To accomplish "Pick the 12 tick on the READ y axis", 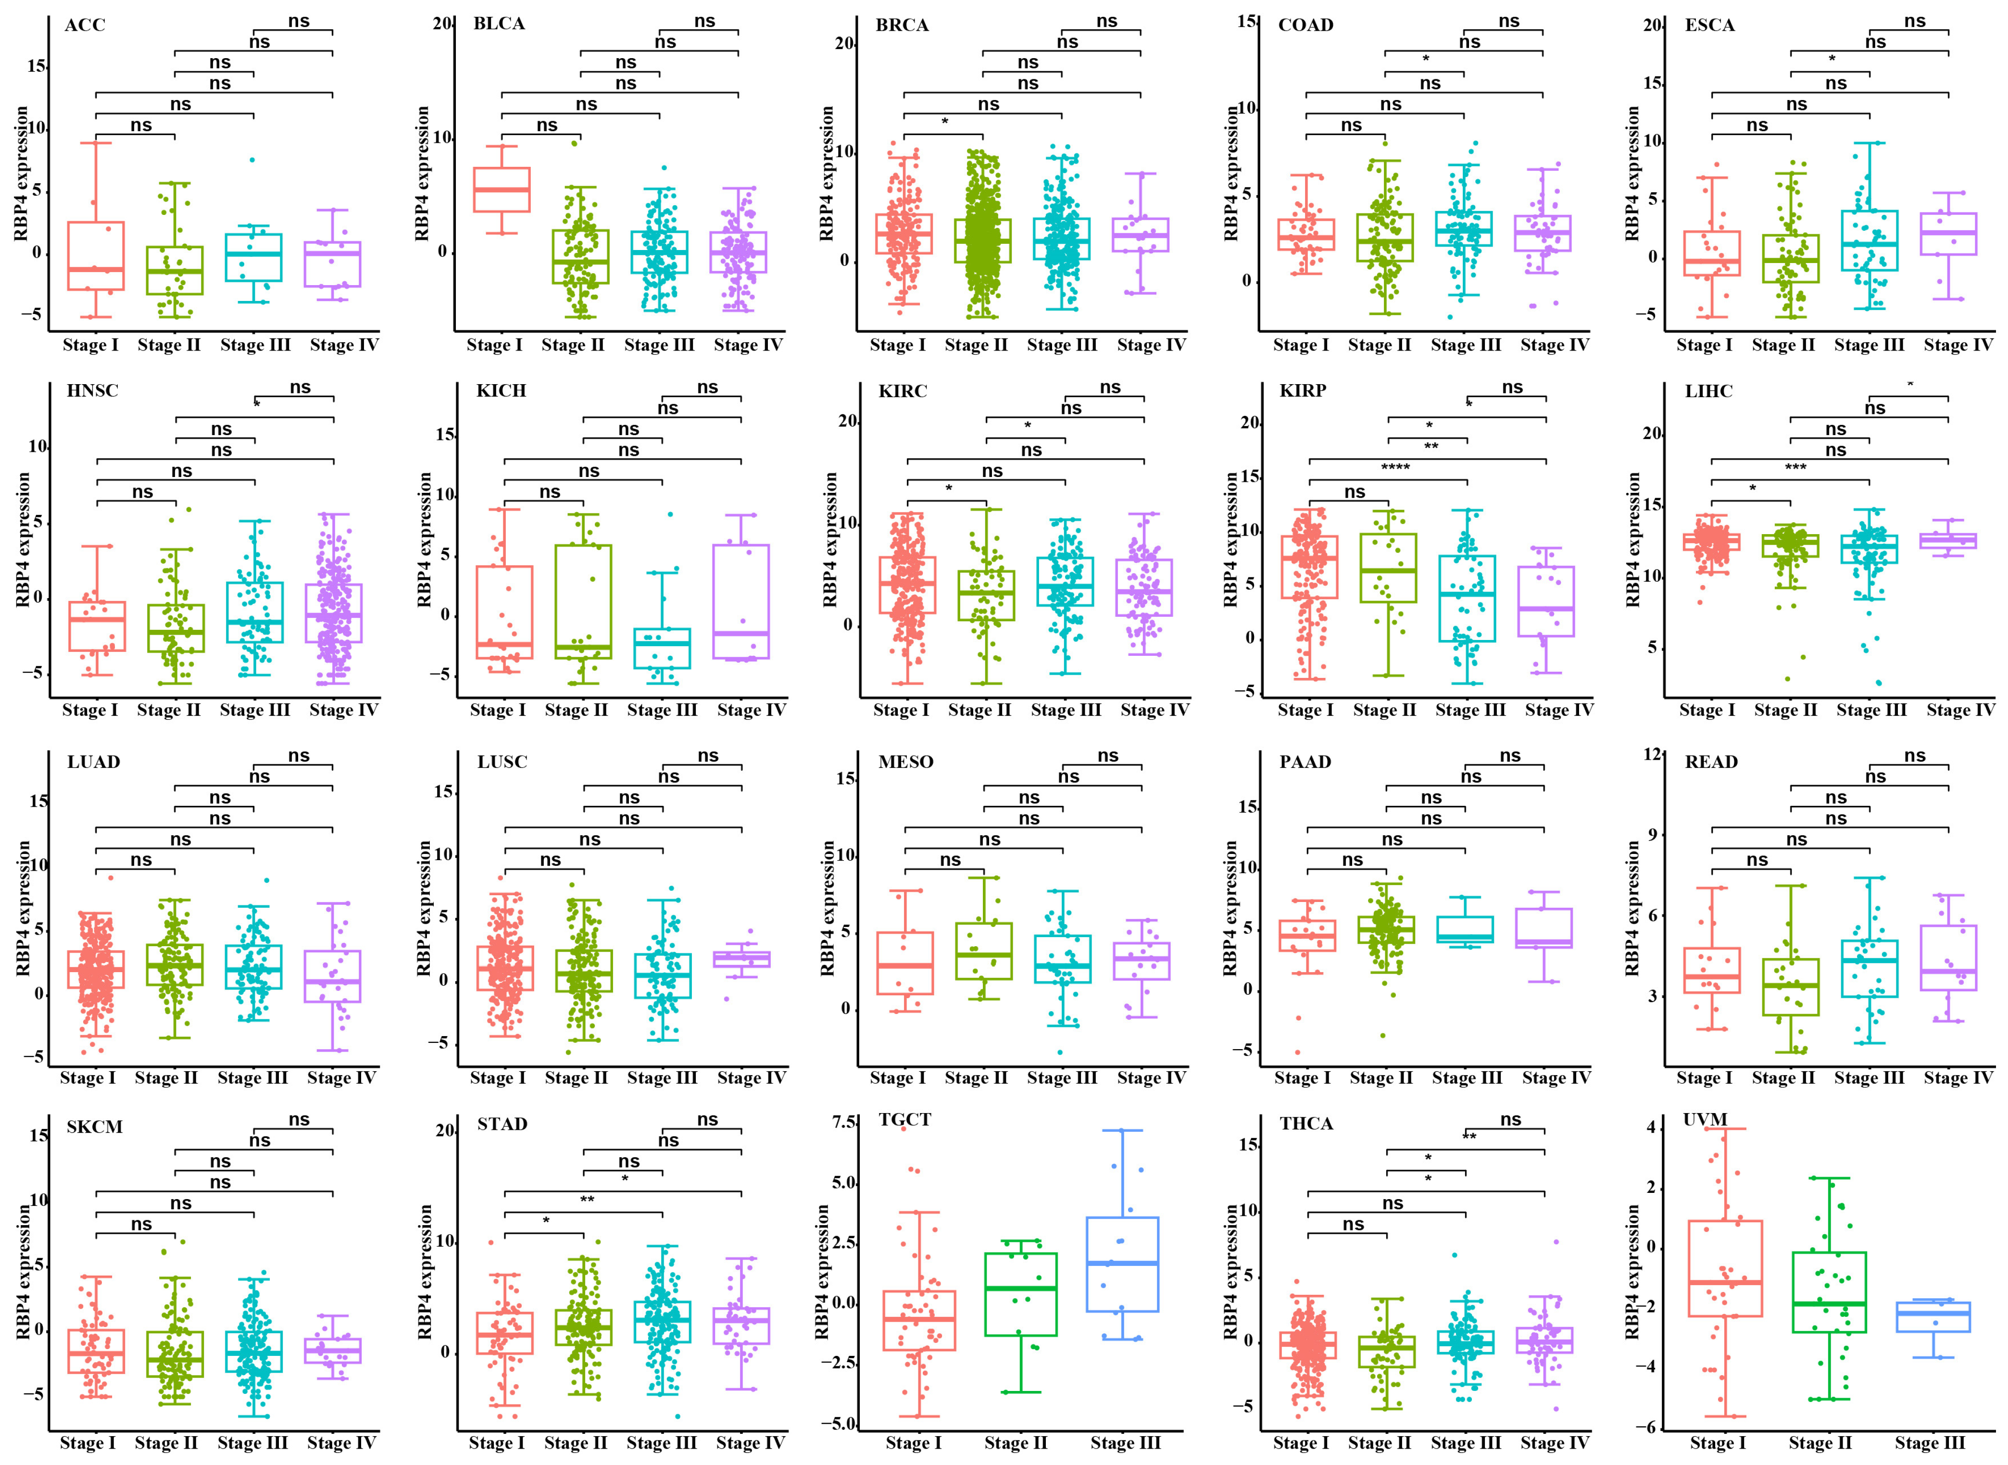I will click(x=1652, y=755).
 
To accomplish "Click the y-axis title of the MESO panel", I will click(x=827, y=909).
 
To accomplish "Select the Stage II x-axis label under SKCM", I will click(x=166, y=1443).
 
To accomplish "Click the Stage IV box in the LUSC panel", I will click(x=741, y=960).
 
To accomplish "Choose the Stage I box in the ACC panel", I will click(x=96, y=255).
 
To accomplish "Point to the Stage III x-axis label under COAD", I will click(x=1465, y=345).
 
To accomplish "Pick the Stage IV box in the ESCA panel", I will click(x=1948, y=234).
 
